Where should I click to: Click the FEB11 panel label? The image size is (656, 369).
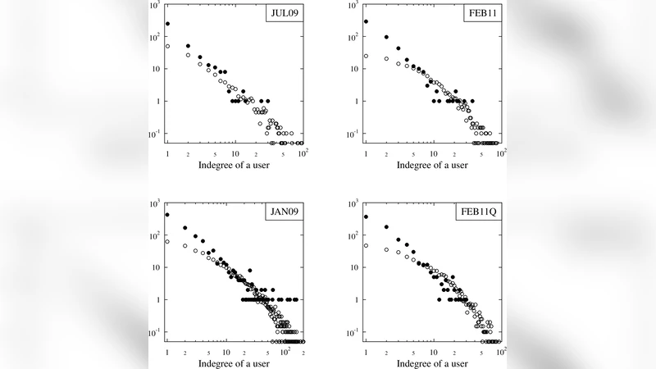[481, 14]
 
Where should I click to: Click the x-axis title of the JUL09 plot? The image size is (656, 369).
[235, 165]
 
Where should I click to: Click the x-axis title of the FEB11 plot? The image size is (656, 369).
[433, 165]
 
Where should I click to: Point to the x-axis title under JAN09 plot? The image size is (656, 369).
[235, 362]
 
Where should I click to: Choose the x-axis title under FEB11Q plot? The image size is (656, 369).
[433, 362]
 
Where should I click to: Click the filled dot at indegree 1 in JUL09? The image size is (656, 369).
[167, 24]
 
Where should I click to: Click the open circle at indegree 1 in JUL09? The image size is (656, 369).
[167, 46]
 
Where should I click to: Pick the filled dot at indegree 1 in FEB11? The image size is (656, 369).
[366, 21]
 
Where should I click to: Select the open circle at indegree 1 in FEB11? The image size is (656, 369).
[366, 56]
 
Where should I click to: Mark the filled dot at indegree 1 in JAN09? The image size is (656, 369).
[167, 215]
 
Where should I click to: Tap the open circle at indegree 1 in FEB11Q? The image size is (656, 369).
[366, 245]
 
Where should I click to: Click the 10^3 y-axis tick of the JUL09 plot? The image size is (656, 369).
[155, 6]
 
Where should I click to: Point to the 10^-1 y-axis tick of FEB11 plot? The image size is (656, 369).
[352, 134]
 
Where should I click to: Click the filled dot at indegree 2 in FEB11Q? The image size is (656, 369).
[386, 227]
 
